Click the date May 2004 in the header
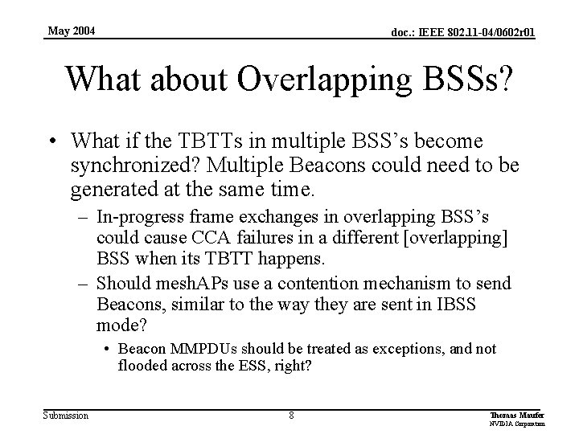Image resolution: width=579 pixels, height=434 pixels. pos(71,31)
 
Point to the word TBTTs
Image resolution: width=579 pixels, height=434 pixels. pos(216,141)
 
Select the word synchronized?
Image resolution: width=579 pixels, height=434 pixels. pos(142,165)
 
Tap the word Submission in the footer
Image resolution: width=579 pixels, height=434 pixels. pos(67,415)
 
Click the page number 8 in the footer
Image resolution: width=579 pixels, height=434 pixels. pos(292,416)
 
